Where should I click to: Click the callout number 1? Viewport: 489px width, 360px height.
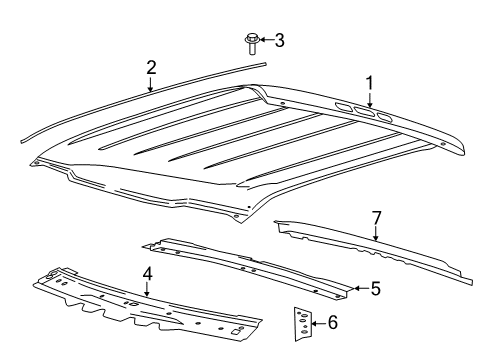pos(369,84)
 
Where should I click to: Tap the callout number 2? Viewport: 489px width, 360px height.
pos(150,68)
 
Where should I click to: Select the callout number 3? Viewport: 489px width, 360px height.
pos(279,40)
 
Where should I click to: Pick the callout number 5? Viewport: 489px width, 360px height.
pos(375,288)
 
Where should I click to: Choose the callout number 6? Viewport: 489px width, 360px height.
pos(333,322)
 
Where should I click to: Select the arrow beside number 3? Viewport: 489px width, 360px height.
pos(265,41)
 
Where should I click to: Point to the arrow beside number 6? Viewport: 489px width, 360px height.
pos(319,322)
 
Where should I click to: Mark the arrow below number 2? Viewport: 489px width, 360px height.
pos(150,84)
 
